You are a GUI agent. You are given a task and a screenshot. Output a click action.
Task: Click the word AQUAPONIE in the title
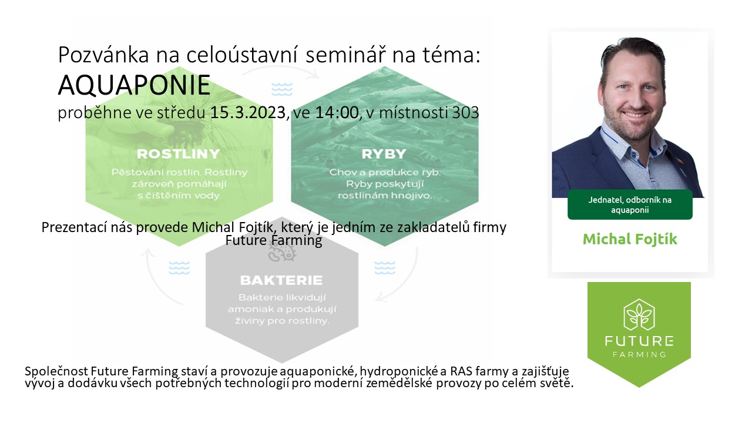pyautogui.click(x=135, y=85)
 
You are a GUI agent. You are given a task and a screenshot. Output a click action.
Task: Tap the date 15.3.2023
pyautogui.click(x=248, y=112)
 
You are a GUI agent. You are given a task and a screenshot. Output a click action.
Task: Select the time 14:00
pyautogui.click(x=337, y=112)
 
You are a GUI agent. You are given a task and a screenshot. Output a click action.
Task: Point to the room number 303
pyautogui.click(x=465, y=112)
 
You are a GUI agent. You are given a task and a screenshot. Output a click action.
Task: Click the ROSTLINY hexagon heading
pyautogui.click(x=178, y=154)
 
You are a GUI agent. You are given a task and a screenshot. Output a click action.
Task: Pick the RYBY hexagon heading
pyautogui.click(x=384, y=154)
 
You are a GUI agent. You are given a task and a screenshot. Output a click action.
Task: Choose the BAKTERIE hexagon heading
pyautogui.click(x=281, y=280)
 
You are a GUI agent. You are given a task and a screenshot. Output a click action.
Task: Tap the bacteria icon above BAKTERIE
pyautogui.click(x=282, y=252)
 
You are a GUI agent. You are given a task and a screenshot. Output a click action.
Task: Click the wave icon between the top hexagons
pyautogui.click(x=282, y=89)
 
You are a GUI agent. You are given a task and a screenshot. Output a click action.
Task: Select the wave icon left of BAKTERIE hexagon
pyautogui.click(x=179, y=268)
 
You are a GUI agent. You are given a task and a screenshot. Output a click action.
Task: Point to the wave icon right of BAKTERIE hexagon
pyautogui.click(x=385, y=268)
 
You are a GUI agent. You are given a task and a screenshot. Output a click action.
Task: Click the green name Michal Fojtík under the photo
pyautogui.click(x=630, y=239)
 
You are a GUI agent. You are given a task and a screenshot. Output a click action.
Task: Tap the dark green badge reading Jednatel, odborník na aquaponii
pyautogui.click(x=630, y=205)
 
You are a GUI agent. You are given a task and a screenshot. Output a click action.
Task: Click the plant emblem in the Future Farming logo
pyautogui.click(x=639, y=315)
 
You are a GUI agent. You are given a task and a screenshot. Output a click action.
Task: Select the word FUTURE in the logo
pyautogui.click(x=639, y=341)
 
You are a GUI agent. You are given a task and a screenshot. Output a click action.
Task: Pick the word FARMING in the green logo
pyautogui.click(x=639, y=354)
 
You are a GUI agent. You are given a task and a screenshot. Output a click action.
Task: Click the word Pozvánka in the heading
pyautogui.click(x=103, y=55)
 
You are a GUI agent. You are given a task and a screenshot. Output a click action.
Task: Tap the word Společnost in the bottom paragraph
pyautogui.click(x=56, y=371)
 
